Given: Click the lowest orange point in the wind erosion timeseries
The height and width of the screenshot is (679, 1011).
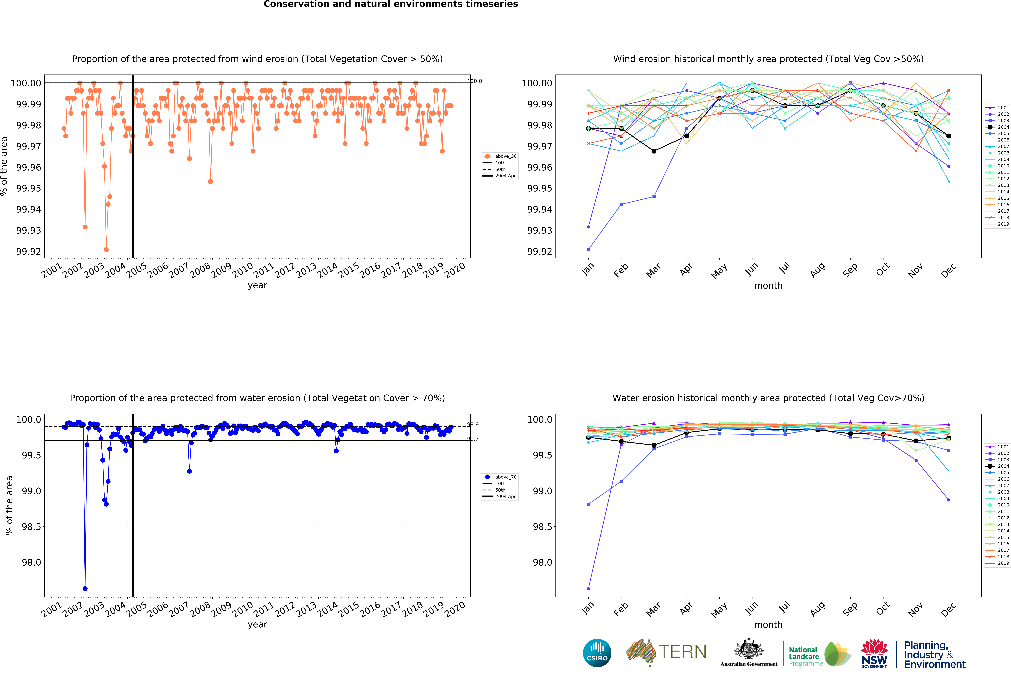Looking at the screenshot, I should coord(106,250).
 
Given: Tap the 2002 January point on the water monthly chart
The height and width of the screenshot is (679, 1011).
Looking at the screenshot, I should coord(588,589).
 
